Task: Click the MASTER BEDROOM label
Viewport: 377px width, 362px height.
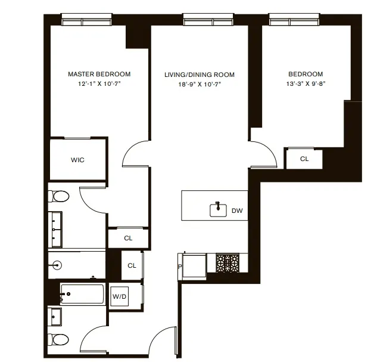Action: pyautogui.click(x=99, y=75)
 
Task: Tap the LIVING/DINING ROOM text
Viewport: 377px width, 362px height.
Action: pyautogui.click(x=200, y=75)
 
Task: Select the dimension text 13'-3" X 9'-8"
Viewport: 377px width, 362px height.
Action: pyautogui.click(x=306, y=84)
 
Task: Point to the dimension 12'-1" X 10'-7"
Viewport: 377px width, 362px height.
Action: pyautogui.click(x=99, y=84)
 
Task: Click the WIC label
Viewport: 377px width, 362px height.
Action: pyautogui.click(x=77, y=160)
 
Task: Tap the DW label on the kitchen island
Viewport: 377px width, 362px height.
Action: pyautogui.click(x=236, y=211)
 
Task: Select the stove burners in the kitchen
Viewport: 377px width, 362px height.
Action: pyautogui.click(x=227, y=262)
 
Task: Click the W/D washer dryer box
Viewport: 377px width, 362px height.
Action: pyautogui.click(x=119, y=295)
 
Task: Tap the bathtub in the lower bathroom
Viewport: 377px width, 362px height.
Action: pyautogui.click(x=83, y=294)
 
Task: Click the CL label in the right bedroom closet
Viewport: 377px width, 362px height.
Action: pyautogui.click(x=304, y=159)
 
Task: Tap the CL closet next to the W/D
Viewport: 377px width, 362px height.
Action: pyautogui.click(x=132, y=266)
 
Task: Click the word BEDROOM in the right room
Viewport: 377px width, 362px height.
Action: pyautogui.click(x=306, y=75)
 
